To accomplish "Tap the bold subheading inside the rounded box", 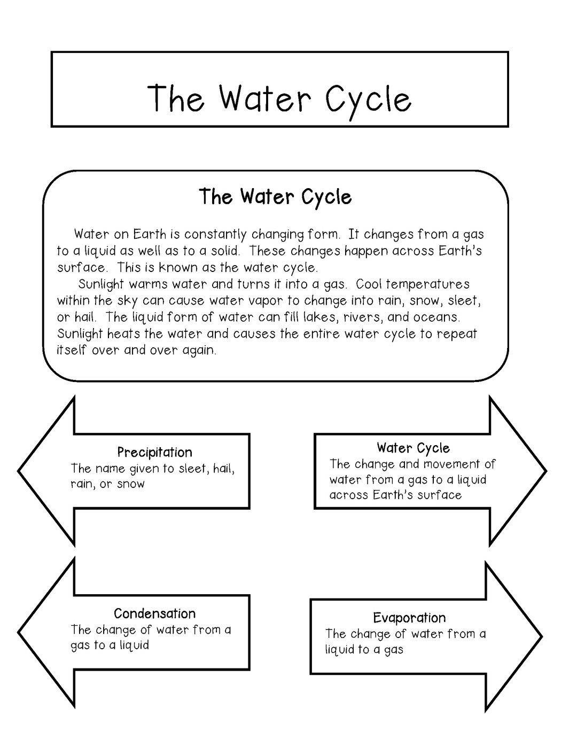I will point(275,197).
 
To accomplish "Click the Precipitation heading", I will point(154,452).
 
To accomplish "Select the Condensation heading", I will point(154,613).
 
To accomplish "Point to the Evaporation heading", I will point(409,618).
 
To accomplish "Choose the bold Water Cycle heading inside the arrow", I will point(413,448).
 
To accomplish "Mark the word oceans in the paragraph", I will point(437,317).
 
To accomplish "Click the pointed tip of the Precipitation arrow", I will point(20,471).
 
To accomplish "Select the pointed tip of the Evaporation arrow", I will point(541,636).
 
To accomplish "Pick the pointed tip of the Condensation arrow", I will point(20,632).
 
